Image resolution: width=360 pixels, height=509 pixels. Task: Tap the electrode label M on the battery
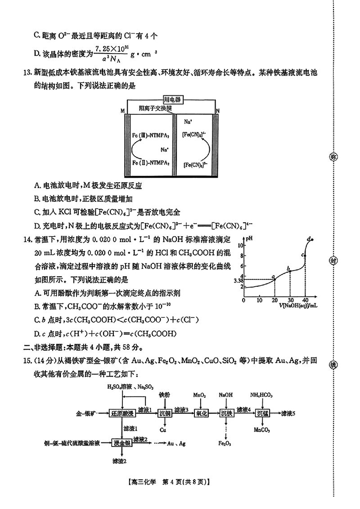click(122, 111)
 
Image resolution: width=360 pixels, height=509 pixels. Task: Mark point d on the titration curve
click(310, 239)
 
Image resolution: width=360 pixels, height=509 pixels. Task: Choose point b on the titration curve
click(288, 269)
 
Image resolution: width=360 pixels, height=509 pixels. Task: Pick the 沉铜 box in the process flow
click(165, 413)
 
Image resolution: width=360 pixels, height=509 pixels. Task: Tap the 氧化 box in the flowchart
click(200, 413)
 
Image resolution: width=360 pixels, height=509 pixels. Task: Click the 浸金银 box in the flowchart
click(122, 442)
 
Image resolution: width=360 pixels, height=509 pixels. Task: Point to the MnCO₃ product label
click(262, 430)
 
